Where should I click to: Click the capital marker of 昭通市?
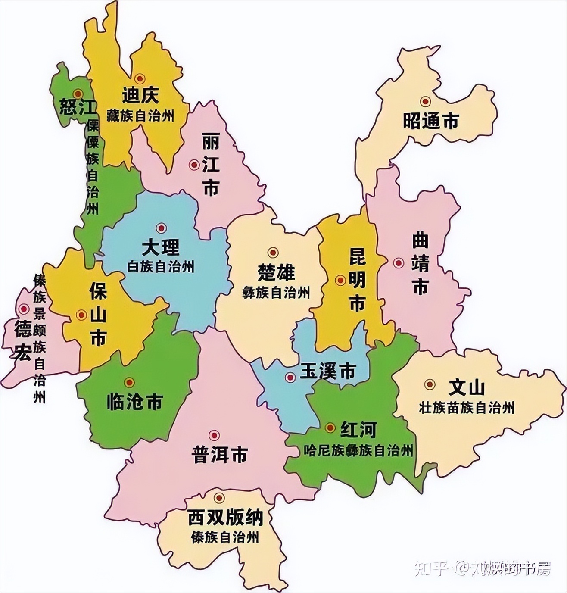[x=426, y=101]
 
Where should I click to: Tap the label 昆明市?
[x=357, y=281]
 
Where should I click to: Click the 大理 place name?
[x=161, y=248]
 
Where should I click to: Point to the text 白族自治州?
[x=161, y=267]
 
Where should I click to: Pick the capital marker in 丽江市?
[x=194, y=165]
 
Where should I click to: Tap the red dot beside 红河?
[x=330, y=428]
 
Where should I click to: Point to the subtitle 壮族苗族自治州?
[x=467, y=407]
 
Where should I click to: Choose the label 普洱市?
[x=220, y=455]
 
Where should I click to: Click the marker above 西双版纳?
[x=220, y=498]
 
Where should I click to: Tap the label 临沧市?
[x=134, y=403]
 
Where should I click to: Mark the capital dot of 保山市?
[x=81, y=315]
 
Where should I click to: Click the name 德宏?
[x=22, y=340]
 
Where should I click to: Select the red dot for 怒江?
[x=78, y=94]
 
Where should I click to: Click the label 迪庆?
[x=140, y=96]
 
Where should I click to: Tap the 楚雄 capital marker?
[x=272, y=253]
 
